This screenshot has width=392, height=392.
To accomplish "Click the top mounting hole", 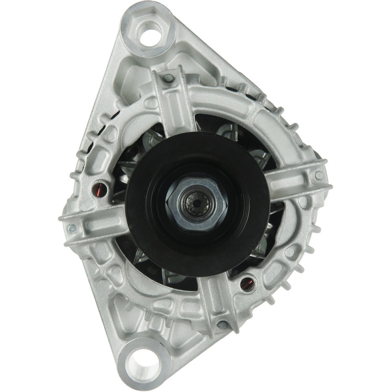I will (149, 33).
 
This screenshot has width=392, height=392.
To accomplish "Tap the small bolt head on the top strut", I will (169, 77).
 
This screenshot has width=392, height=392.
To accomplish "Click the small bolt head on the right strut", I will (319, 175).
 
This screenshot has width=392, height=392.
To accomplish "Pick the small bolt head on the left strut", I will (72, 228).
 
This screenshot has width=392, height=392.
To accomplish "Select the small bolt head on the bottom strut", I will (222, 324).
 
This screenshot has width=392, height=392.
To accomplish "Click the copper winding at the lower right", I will (246, 283).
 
